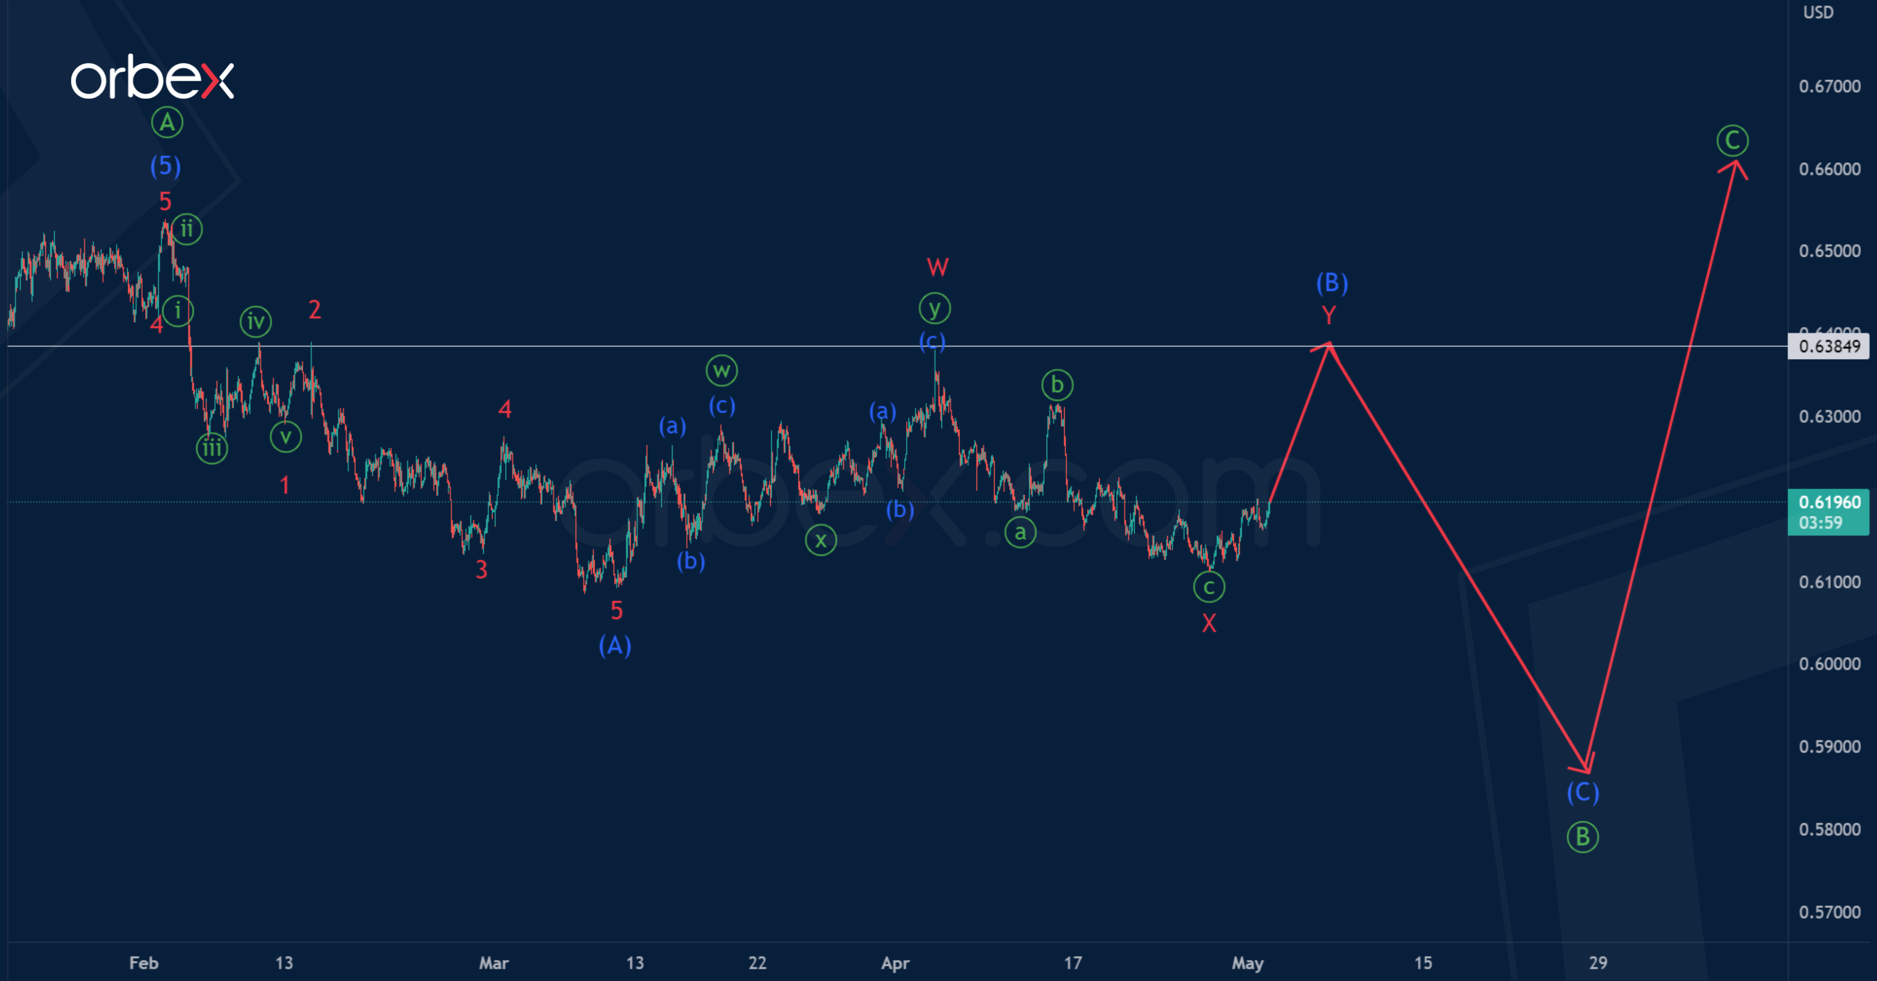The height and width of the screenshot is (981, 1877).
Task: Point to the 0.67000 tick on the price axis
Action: coord(1829,86)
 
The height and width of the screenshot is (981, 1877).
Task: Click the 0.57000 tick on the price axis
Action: coord(1829,912)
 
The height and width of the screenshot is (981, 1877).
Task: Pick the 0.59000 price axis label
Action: coord(1829,746)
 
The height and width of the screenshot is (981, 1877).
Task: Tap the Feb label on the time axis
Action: coord(144,963)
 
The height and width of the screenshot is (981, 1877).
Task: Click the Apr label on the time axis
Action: coord(895,963)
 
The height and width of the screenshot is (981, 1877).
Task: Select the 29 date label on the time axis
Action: coord(1598,963)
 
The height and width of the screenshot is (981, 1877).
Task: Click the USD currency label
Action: coord(1818,13)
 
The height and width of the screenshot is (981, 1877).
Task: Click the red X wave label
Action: coord(1209,623)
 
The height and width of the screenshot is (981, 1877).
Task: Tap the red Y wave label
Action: coord(1329,315)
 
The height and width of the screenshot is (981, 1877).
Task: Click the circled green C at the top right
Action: coord(1732,140)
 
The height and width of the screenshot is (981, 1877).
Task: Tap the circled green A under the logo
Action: coord(167,123)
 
